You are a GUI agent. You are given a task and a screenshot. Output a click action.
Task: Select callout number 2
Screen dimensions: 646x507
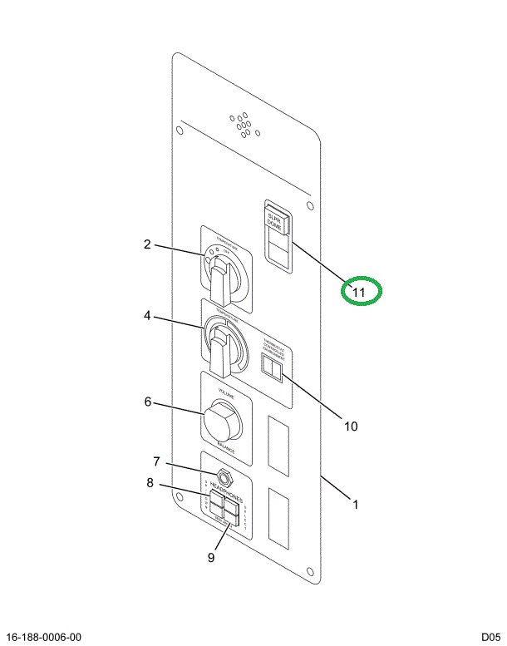coord(146,244)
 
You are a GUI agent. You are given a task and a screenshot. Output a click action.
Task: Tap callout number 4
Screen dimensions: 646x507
coord(146,316)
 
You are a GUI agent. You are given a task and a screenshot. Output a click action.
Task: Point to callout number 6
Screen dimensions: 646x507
coord(147,402)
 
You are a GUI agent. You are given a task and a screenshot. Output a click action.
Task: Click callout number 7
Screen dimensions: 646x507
coord(155,461)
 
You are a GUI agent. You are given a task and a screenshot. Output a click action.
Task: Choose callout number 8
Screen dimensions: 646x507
coord(150,482)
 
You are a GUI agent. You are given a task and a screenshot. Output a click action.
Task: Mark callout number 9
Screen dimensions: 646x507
coord(210,557)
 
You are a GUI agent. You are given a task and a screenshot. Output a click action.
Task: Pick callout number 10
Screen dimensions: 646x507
coord(350,426)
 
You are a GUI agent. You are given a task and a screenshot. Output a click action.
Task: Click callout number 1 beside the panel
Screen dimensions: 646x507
coord(356,504)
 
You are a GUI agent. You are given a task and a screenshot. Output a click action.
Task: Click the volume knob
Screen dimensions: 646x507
coord(222,422)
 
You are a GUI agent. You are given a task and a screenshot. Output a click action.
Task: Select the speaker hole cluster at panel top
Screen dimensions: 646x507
coord(242,125)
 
